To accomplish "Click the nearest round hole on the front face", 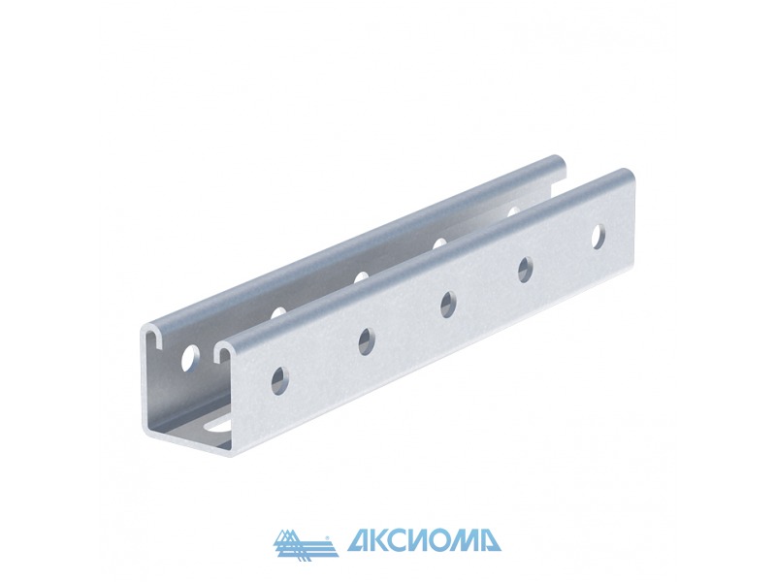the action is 280,380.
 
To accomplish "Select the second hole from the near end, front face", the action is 367,341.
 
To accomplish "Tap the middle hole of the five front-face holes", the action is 448,305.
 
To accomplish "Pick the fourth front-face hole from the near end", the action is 526,270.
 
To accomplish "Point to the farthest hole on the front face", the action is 598,237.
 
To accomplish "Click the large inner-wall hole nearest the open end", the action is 190,358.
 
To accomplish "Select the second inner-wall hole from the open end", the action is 278,312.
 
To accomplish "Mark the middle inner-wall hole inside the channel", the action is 361,276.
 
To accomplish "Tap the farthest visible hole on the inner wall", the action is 514,210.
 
